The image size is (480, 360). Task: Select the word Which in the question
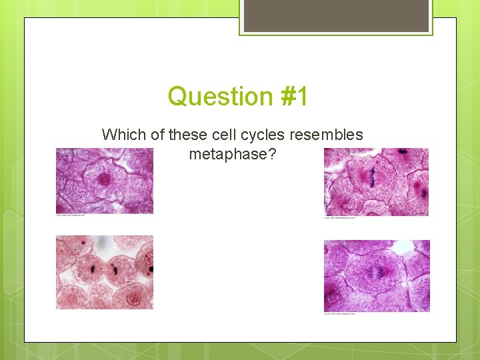point(124,135)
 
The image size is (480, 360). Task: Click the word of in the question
point(158,135)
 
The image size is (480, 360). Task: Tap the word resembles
point(328,135)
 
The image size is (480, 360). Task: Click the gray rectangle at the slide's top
point(336,15)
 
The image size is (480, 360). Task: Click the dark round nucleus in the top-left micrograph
point(104,179)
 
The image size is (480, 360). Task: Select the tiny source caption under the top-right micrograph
point(340,217)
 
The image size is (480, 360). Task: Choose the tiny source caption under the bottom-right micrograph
point(340,313)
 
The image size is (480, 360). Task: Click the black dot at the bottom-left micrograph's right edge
point(151,269)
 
